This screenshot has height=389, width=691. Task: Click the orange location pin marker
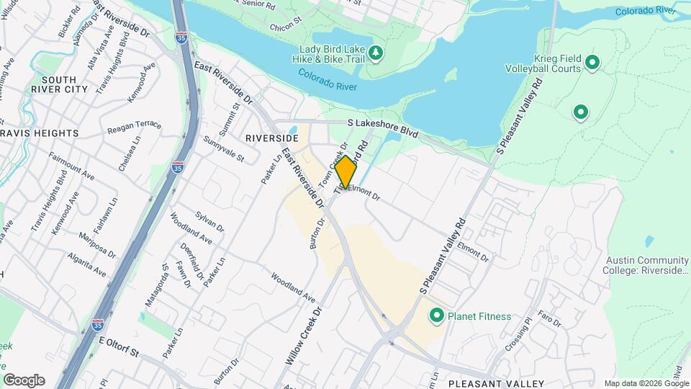[x=345, y=171]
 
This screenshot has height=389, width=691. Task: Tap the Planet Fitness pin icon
[x=436, y=316]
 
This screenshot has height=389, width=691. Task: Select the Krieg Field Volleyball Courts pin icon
[x=592, y=63]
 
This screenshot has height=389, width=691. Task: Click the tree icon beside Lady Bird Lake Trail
[x=375, y=53]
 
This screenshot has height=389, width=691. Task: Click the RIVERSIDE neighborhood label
[x=271, y=137]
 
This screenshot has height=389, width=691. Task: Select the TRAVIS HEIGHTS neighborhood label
[x=40, y=133]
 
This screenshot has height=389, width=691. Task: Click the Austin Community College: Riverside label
[x=647, y=265]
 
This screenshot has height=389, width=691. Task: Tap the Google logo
[x=24, y=380]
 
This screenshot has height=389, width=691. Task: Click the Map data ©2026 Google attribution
[x=646, y=383]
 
